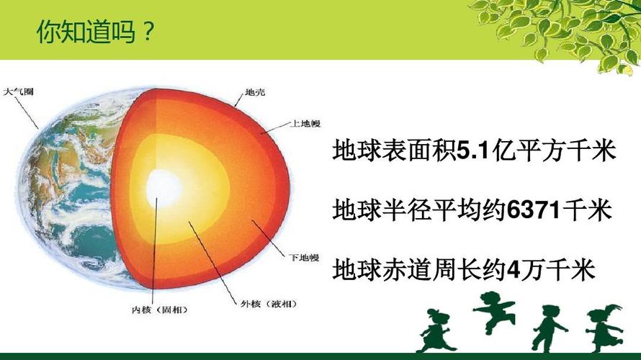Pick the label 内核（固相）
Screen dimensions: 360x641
pos(155,310)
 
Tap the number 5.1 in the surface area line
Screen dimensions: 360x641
pos(473,151)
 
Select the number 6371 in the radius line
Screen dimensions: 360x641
pos(534,211)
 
